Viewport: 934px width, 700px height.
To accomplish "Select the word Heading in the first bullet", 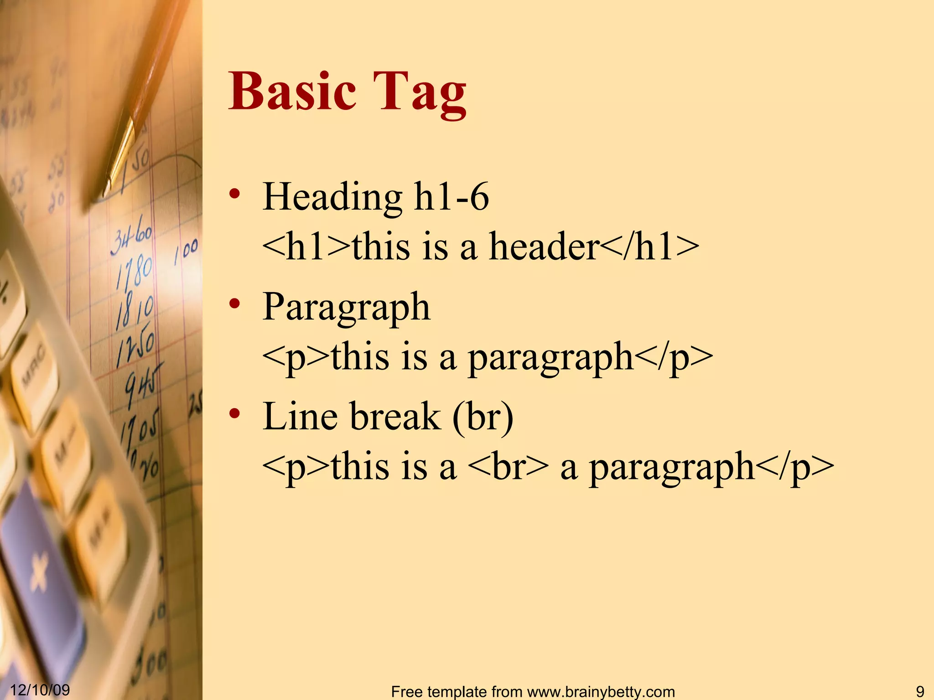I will tap(332, 197).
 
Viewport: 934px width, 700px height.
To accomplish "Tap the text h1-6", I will tap(451, 197).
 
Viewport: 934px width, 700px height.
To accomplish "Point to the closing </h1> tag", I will tap(649, 247).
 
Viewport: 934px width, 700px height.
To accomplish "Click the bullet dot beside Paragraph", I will tap(234, 304).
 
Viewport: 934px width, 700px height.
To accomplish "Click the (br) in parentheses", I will tap(483, 417).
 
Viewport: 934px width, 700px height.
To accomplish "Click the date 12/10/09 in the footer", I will tap(40, 690).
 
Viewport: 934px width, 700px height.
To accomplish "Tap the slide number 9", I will tap(920, 691).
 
